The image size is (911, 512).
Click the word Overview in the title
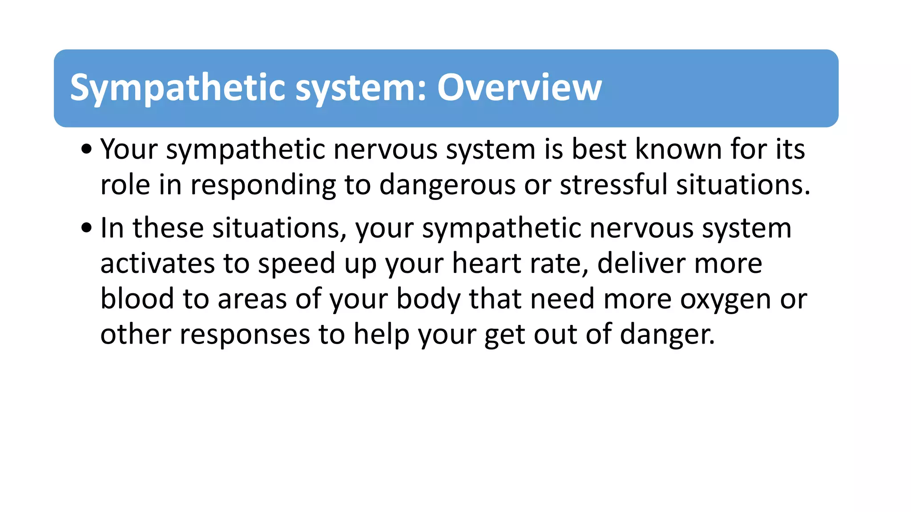pyautogui.click(x=519, y=88)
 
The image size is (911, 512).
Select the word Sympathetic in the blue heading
pyautogui.click(x=177, y=88)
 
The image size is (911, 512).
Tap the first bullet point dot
pyautogui.click(x=86, y=149)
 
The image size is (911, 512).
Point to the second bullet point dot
pyautogui.click(x=86, y=228)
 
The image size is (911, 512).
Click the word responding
pyautogui.click(x=263, y=185)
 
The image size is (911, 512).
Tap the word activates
pyautogui.click(x=157, y=263)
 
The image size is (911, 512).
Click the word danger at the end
pyautogui.click(x=667, y=335)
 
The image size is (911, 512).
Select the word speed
pyautogui.click(x=297, y=264)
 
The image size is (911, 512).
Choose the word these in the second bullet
pyautogui.click(x=168, y=228)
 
